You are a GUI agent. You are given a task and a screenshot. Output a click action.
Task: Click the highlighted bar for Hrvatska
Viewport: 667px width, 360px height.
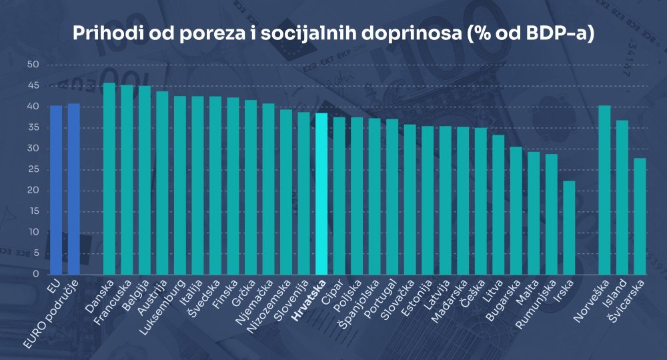321,193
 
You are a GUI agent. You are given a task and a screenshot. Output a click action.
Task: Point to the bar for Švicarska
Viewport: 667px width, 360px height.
640,216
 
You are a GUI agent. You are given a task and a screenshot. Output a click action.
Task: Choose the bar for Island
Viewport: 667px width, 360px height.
622,197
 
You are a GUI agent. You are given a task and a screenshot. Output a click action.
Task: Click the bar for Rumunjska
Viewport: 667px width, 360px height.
551,214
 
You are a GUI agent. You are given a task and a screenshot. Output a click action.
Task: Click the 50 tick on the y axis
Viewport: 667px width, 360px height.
34,65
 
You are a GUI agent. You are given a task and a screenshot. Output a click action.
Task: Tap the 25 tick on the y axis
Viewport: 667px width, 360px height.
34,169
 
